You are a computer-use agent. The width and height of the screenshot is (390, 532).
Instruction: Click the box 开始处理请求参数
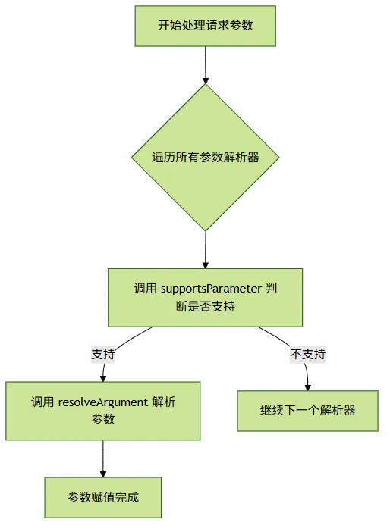[x=205, y=26]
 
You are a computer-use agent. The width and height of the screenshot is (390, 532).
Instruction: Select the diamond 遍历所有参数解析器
[x=205, y=158]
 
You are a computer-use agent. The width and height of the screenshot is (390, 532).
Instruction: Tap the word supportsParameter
[x=211, y=289]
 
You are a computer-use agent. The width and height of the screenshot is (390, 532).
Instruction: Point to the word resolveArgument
[x=103, y=402]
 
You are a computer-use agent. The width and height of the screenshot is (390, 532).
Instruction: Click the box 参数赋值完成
[x=102, y=497]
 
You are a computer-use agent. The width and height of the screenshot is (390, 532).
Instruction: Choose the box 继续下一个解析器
[x=307, y=411]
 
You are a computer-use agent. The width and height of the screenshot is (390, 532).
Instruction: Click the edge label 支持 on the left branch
[x=103, y=354]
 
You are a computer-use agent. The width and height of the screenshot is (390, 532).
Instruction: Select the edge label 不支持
[x=308, y=354]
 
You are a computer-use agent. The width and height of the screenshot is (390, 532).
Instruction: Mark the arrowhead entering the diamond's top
[x=205, y=80]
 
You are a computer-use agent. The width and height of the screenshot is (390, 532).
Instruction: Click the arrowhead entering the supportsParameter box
[x=205, y=265]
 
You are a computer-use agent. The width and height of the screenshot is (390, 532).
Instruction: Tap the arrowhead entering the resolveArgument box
[x=103, y=379]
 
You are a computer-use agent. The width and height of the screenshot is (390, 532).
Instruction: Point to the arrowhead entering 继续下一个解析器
[x=308, y=387]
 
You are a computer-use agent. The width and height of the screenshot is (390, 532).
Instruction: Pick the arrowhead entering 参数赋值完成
[x=103, y=474]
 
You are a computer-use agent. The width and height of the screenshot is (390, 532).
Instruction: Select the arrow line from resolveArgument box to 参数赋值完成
[x=103, y=458]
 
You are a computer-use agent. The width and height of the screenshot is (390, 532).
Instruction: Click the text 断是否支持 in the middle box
[x=205, y=306]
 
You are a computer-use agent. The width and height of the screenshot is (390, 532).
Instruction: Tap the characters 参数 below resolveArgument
[x=103, y=419]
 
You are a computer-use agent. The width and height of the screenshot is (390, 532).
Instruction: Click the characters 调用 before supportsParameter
[x=145, y=289]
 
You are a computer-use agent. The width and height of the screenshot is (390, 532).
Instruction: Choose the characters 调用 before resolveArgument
[x=42, y=402]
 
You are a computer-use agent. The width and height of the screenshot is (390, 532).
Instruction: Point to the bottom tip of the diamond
[x=205, y=231]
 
